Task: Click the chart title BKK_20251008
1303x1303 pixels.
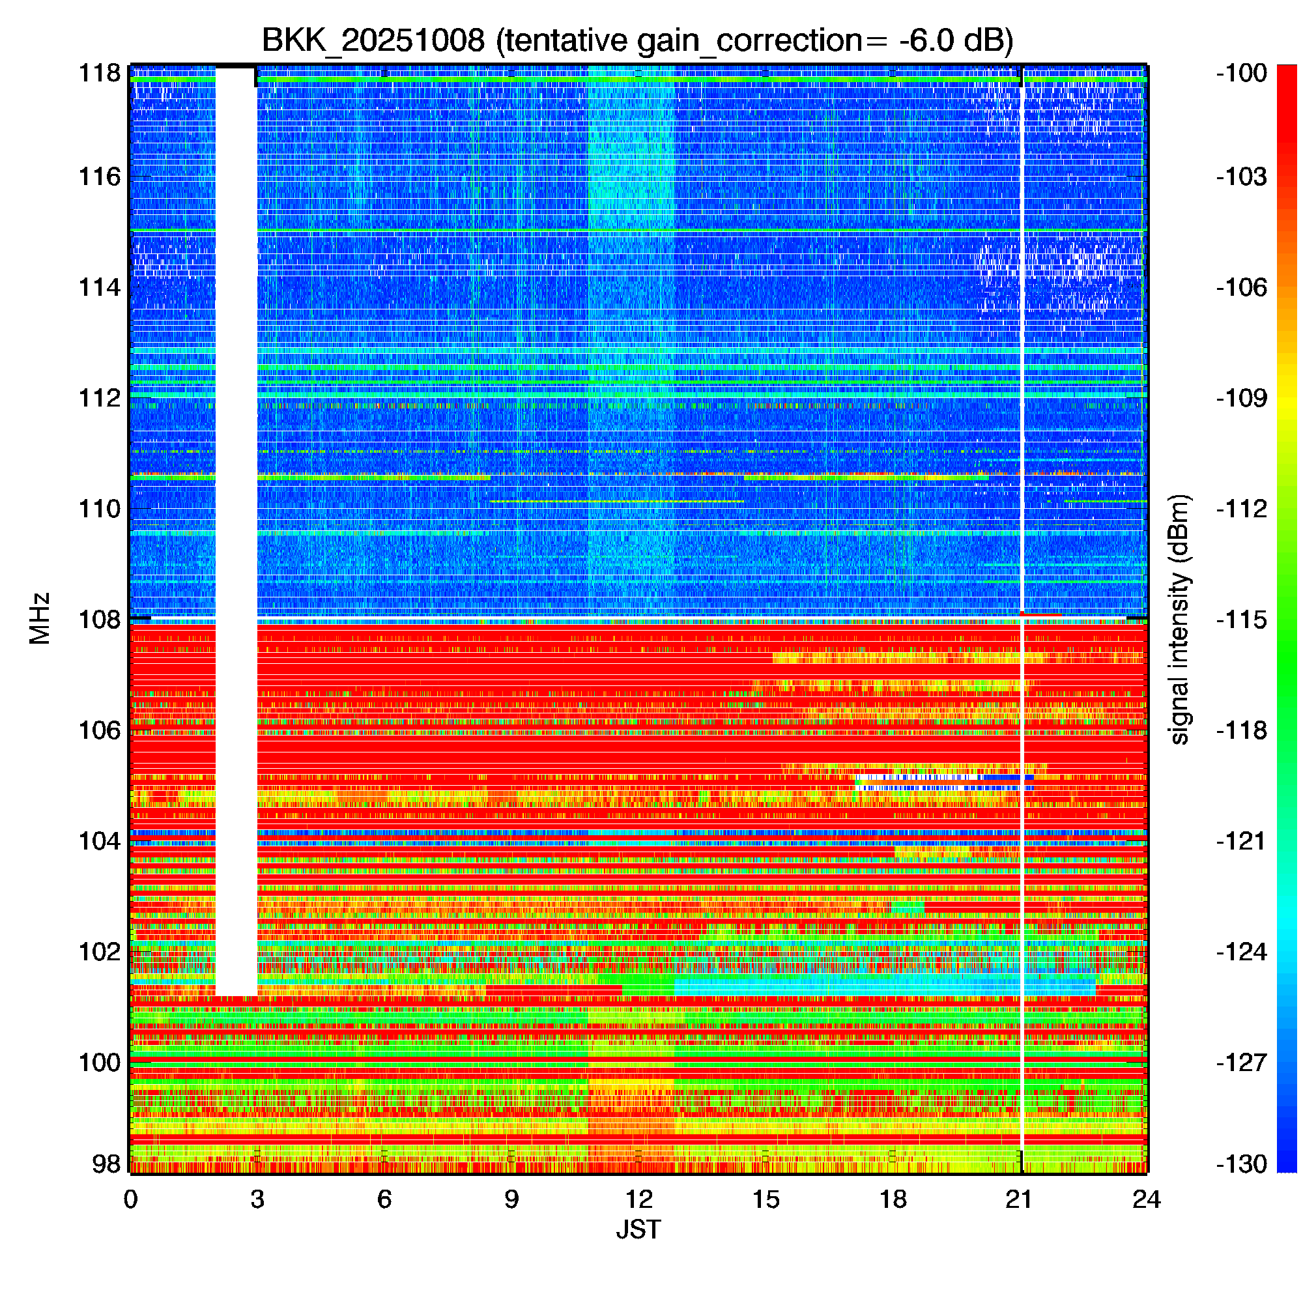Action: (x=372, y=41)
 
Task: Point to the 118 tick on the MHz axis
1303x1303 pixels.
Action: (x=100, y=73)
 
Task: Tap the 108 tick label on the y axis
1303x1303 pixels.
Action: (x=100, y=619)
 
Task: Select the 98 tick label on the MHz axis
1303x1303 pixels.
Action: (x=107, y=1164)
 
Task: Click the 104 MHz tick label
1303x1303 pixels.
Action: (x=100, y=841)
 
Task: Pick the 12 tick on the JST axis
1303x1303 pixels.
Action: (x=638, y=1199)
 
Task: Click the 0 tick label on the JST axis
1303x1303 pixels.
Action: (x=130, y=1199)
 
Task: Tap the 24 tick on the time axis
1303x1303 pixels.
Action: (x=1147, y=1199)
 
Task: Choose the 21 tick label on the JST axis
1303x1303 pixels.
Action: (x=1020, y=1199)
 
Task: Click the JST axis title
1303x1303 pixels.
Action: (x=638, y=1229)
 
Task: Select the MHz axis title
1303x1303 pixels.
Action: (x=40, y=618)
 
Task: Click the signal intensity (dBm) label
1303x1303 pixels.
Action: (x=1180, y=619)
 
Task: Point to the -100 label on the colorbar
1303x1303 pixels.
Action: (x=1242, y=73)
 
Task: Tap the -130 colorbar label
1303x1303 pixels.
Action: (x=1242, y=1164)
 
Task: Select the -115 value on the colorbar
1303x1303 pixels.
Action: (x=1242, y=619)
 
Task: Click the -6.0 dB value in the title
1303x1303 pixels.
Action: (x=956, y=41)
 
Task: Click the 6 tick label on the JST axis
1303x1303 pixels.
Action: (x=384, y=1199)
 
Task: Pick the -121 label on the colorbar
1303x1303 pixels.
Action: (x=1242, y=841)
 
